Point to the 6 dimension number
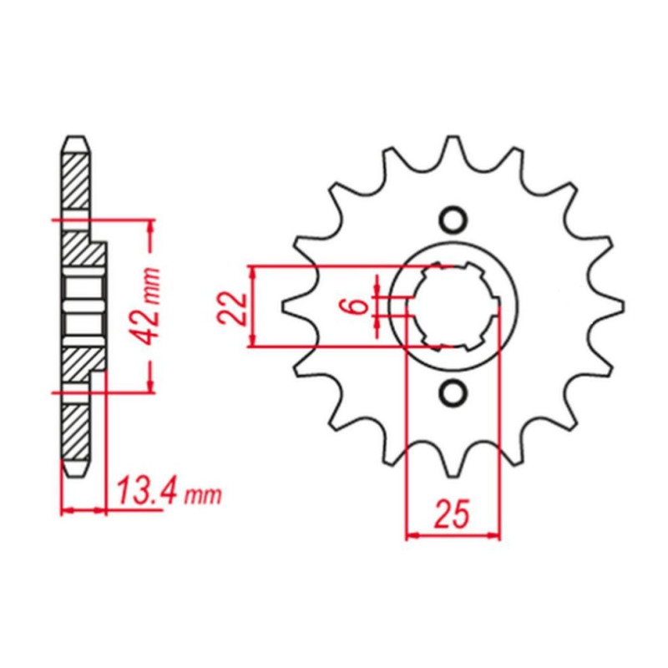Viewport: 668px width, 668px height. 359,306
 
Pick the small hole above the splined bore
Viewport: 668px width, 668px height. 452,220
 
